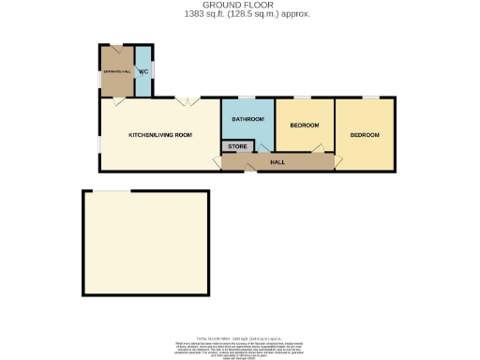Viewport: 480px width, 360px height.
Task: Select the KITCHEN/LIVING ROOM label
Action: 160,135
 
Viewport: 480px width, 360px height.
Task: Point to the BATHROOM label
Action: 248,120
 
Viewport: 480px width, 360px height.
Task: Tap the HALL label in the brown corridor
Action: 277,162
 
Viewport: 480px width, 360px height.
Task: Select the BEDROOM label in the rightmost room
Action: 366,135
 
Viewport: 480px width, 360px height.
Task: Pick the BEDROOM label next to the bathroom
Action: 305,125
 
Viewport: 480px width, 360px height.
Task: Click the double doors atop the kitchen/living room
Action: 187,101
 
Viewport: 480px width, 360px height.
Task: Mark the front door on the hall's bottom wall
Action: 248,169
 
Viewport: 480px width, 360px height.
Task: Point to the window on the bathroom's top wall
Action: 249,98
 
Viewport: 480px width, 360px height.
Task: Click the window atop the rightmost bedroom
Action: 372,97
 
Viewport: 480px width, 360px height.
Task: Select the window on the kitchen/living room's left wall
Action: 100,136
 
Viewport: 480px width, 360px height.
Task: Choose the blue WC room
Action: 144,80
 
